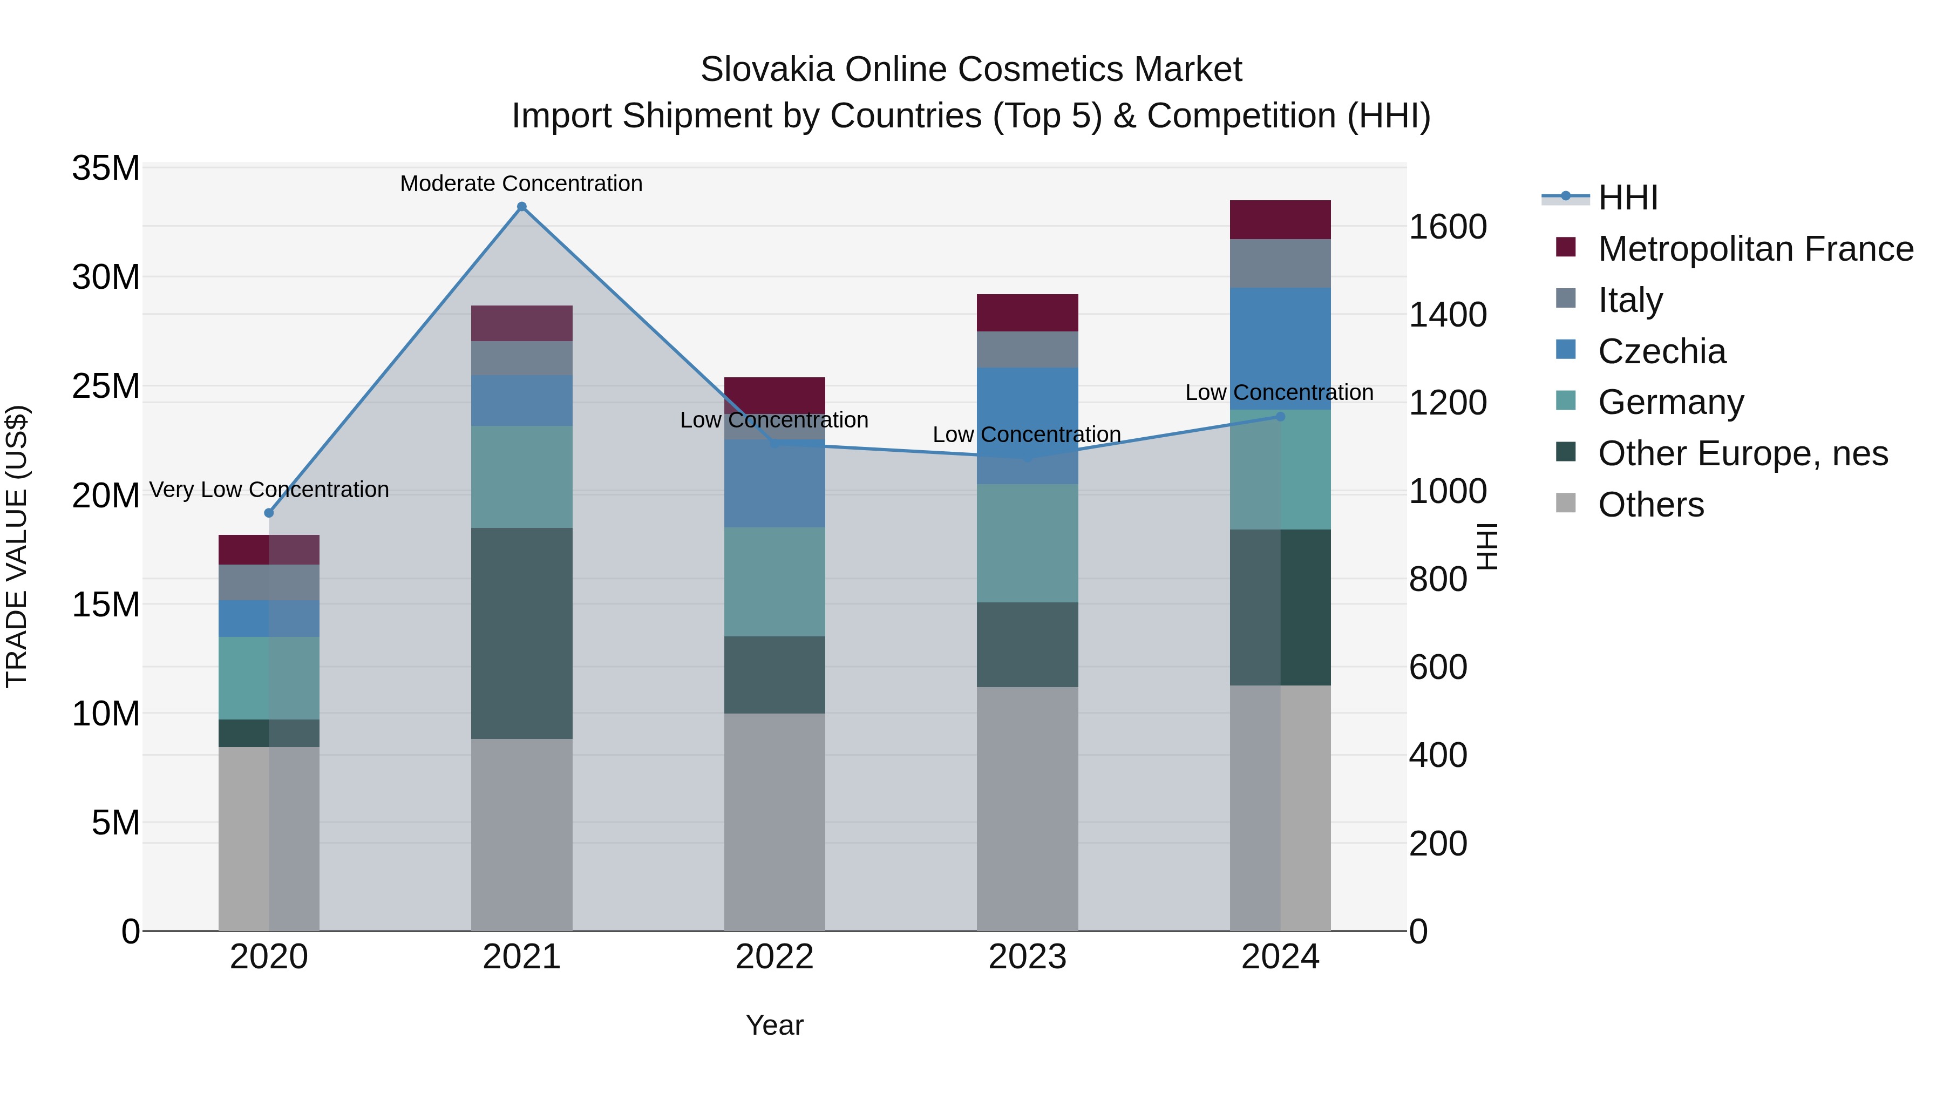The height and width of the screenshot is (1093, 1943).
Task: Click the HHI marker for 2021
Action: pos(521,207)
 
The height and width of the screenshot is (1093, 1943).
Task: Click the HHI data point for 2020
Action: pos(269,513)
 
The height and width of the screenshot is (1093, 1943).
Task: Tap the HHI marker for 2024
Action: pos(1280,416)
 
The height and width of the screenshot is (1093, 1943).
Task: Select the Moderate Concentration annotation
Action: pos(521,184)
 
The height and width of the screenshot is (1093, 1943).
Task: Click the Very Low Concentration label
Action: pos(269,490)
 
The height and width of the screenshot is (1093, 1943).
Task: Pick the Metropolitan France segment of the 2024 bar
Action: pos(1280,220)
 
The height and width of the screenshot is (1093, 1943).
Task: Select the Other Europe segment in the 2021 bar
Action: pos(521,633)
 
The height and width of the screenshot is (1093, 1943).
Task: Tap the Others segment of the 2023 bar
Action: pos(1027,808)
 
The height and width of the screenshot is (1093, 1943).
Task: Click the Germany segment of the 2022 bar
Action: pos(774,581)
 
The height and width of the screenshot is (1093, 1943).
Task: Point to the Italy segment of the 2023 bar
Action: pos(1027,349)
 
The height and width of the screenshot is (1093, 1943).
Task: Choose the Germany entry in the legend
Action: pos(1670,402)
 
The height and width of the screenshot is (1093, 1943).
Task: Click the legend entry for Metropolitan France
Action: pos(1755,249)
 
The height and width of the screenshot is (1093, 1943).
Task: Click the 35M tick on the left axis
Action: pos(106,168)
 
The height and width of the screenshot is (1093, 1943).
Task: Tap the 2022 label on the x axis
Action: pos(774,957)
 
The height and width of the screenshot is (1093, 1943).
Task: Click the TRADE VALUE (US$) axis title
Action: pos(17,546)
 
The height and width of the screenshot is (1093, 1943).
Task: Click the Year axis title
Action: pos(774,1025)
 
